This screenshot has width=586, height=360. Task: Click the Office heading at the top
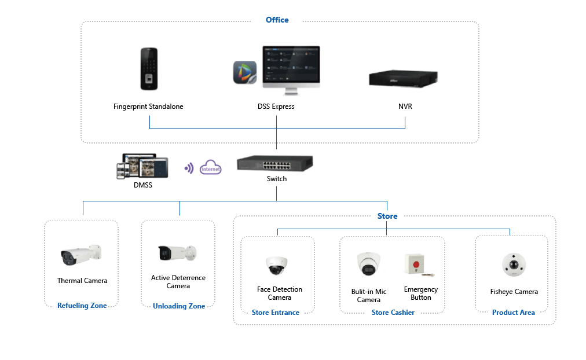[x=277, y=20]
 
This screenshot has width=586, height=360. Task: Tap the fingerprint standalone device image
[x=148, y=69]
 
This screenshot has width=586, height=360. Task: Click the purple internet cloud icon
[x=210, y=168]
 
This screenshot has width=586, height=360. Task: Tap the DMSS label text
[x=142, y=185]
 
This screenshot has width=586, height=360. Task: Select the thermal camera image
[x=81, y=256]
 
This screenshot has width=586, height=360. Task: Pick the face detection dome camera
[x=277, y=266]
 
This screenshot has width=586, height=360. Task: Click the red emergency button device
[x=416, y=265]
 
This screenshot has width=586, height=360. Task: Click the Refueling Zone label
[x=82, y=306]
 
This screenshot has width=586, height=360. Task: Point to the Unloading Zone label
[x=179, y=306]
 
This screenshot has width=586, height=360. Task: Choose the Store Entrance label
[x=276, y=313]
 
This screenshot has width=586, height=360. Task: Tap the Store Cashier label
[x=393, y=313]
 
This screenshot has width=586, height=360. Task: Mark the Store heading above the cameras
[x=387, y=216]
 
